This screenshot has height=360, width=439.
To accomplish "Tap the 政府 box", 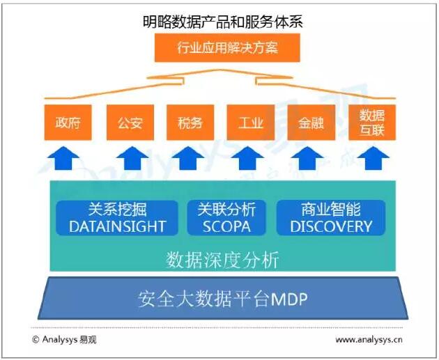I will click(x=68, y=123).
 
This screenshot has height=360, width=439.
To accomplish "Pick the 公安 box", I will click(x=130, y=123).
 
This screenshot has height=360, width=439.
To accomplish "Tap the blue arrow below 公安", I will click(x=130, y=158).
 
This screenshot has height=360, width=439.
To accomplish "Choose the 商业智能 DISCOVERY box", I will click(x=331, y=218).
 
